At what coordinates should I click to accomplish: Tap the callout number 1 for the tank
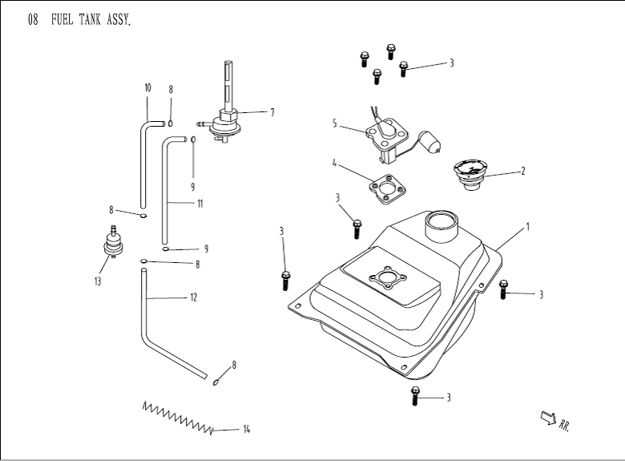(527, 227)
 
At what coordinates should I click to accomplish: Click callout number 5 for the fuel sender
(335, 123)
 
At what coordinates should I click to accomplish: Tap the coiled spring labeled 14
(179, 416)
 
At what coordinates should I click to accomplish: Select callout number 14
(246, 430)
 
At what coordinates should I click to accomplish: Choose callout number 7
(272, 112)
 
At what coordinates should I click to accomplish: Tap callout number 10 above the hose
(147, 87)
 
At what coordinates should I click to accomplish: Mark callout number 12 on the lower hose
(193, 297)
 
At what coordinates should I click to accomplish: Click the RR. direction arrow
(550, 417)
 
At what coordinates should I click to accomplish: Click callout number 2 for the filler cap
(522, 171)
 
